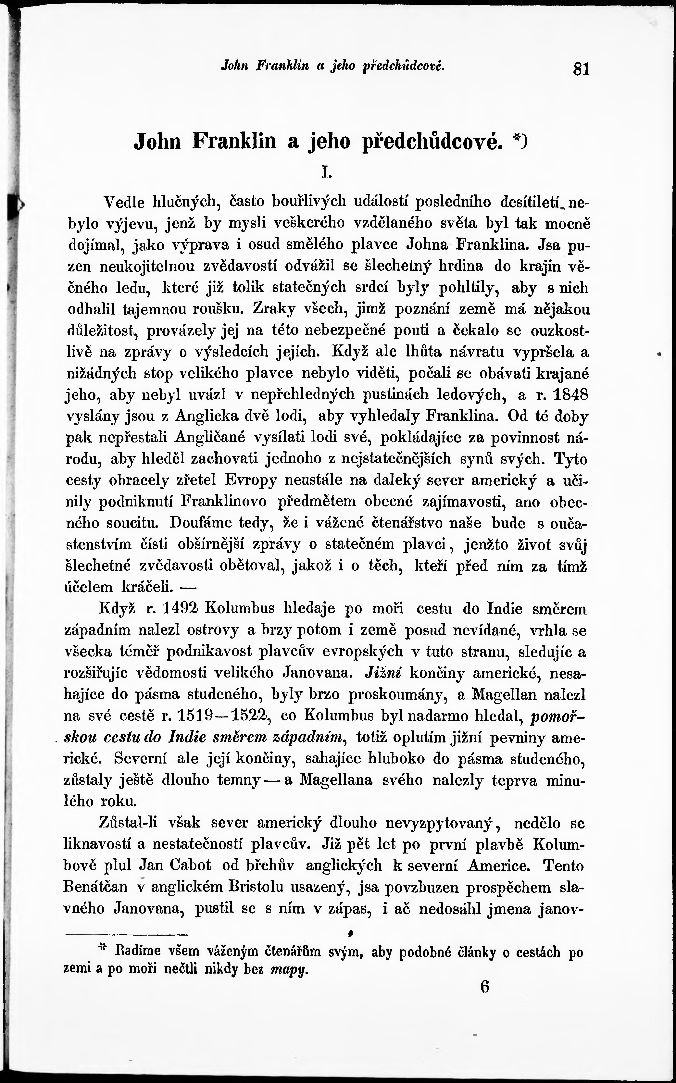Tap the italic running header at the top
333,66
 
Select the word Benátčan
95,887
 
